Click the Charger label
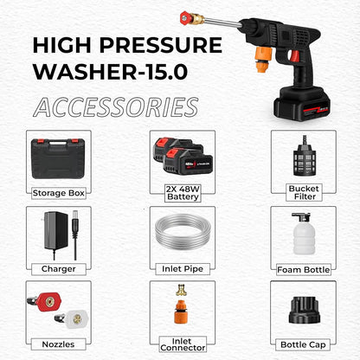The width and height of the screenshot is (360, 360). tap(58, 268)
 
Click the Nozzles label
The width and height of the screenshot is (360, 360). tap(58, 344)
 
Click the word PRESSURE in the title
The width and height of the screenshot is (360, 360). tap(161, 44)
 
